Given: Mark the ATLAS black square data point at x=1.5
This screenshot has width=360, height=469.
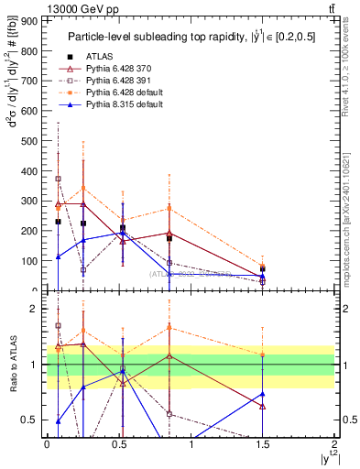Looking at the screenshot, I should coord(263,269).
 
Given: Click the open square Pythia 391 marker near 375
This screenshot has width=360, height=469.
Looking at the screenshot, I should coord(58,179).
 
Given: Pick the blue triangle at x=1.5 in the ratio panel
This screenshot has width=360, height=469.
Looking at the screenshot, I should coord(263,395).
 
